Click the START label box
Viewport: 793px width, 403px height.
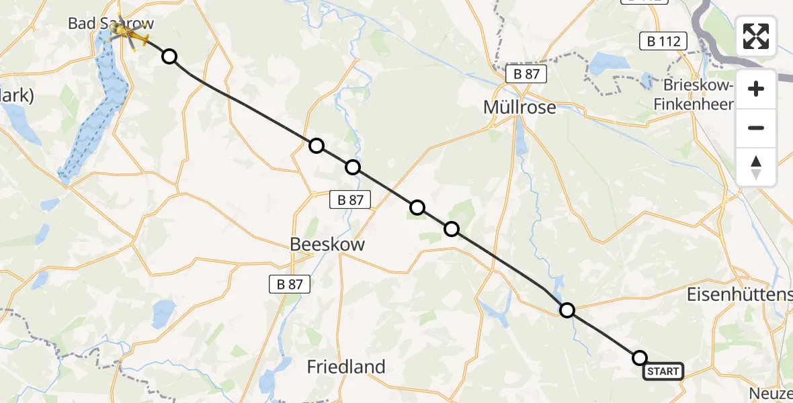(663, 371)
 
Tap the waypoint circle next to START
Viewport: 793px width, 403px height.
(640, 358)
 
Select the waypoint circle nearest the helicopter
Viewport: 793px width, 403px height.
(169, 56)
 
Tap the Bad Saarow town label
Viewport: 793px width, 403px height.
(111, 24)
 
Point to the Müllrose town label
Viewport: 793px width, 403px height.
(520, 107)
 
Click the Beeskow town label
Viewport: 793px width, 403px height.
(327, 244)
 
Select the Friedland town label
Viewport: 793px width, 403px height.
(346, 367)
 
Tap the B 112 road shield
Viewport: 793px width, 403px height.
(663, 42)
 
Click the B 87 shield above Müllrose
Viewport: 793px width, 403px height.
(526, 75)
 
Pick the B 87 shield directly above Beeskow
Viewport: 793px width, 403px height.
(350, 199)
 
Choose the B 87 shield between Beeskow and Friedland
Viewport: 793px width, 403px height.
(290, 284)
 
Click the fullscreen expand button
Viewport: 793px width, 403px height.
(756, 36)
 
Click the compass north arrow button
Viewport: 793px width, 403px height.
(756, 167)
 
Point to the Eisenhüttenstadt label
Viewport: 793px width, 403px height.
(739, 294)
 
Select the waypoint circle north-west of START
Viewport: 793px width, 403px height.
(567, 310)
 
